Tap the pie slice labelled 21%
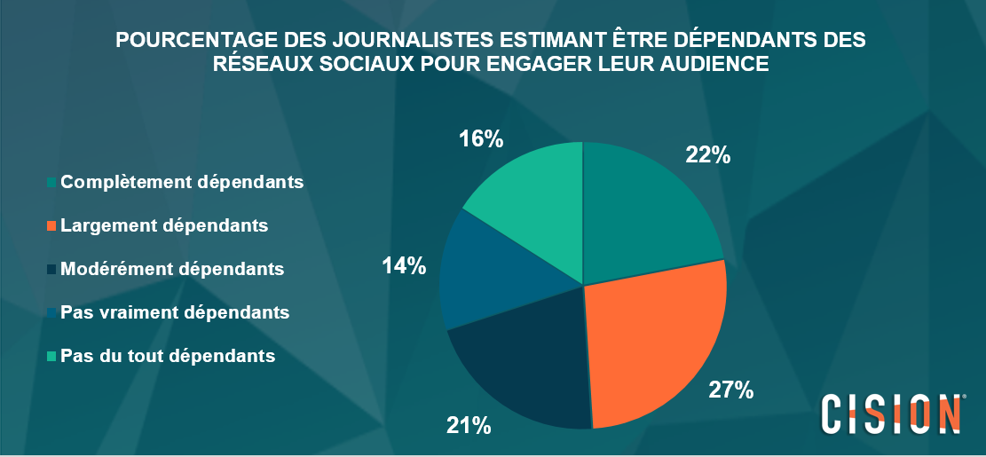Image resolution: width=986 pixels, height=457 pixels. click(524, 364)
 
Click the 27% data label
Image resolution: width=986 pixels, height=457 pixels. click(731, 390)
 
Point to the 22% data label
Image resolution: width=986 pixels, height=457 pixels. click(707, 155)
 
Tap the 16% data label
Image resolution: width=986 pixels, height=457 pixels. click(481, 139)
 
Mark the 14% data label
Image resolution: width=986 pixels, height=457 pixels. click(404, 265)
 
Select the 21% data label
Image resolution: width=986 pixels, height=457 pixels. click(469, 425)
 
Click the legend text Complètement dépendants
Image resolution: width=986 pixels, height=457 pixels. click(183, 182)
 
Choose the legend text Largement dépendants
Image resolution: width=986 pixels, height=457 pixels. click(164, 225)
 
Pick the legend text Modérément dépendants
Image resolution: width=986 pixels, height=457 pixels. click(172, 269)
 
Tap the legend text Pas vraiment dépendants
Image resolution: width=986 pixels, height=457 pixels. click(175, 312)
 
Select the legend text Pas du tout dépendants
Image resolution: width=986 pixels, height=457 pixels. click(167, 356)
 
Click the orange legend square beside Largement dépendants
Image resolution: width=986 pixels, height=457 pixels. click(52, 226)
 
